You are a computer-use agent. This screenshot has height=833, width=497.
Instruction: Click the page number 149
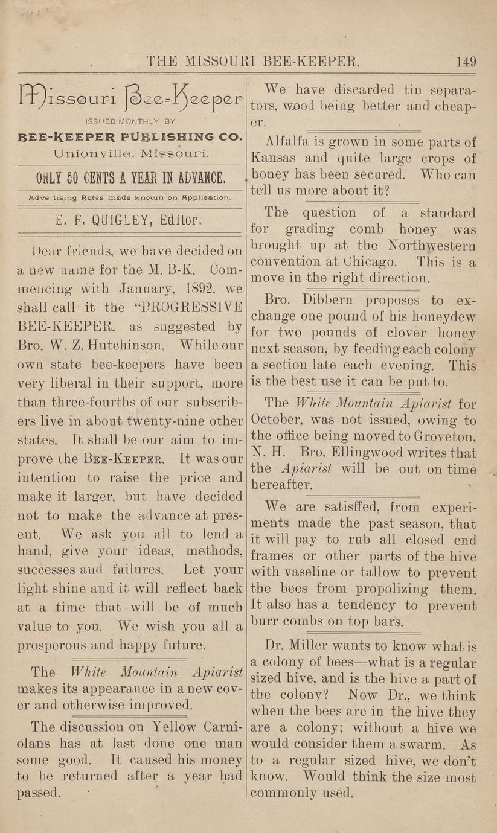pos(466,62)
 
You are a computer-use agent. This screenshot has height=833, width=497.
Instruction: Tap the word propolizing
pos(390,589)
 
